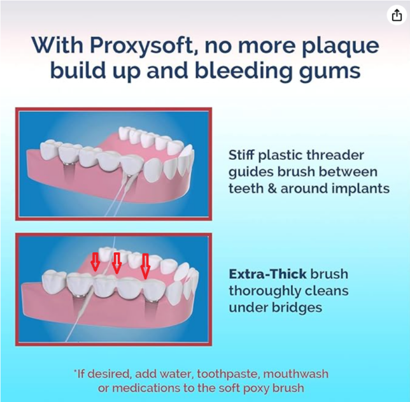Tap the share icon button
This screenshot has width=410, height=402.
point(397,15)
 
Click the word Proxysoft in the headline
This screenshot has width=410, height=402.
point(142,45)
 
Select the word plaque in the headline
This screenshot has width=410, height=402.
point(340,46)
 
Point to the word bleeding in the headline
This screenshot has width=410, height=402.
point(243,70)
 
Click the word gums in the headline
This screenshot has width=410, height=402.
point(330,71)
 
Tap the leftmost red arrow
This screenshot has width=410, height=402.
point(95,262)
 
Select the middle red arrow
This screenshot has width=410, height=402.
point(117,263)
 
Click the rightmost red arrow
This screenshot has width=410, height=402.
point(145,266)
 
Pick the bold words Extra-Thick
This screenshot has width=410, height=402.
point(267,274)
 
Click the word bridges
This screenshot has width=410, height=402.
point(297,308)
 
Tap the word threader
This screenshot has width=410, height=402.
point(336,155)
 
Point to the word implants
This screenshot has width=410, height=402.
point(361,189)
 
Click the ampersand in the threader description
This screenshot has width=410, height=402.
point(272,189)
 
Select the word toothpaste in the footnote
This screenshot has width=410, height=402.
point(228,374)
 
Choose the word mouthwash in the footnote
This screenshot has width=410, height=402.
point(295,374)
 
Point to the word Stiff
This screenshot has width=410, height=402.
point(242,155)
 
